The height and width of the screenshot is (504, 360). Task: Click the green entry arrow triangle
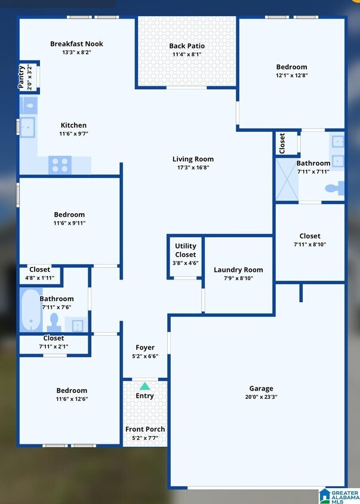144,386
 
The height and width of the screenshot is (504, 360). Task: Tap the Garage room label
261,388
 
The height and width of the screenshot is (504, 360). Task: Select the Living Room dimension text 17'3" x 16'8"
193,168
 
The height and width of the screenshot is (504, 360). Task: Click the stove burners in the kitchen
60,164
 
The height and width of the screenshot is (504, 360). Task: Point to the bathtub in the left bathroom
29,309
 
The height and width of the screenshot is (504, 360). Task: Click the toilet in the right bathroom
334,188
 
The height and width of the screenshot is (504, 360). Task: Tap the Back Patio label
187,46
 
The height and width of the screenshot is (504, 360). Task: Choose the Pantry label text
22,77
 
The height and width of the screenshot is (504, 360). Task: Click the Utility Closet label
185,250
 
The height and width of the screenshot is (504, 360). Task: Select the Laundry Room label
238,270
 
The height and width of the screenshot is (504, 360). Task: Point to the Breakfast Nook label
76,44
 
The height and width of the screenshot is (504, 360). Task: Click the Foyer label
144,348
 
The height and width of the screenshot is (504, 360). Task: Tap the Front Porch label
145,429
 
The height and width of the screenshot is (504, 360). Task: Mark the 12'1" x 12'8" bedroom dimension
291,76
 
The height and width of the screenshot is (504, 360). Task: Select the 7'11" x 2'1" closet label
54,346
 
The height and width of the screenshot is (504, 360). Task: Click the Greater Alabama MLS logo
337,495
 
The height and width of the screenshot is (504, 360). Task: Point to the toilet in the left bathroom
54,322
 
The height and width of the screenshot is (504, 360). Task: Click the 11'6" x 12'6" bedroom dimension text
72,399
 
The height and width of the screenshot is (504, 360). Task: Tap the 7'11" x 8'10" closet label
310,244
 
